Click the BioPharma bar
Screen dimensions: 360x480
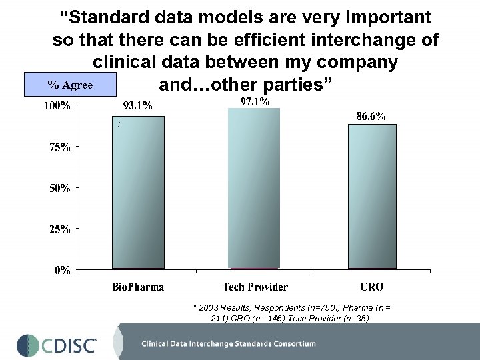[138, 193]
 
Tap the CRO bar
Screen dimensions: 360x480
[371, 197]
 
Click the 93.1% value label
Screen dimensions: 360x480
[138, 105]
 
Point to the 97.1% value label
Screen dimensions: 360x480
[255, 101]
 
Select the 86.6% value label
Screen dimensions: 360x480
[371, 115]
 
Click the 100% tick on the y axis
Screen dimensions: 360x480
[57, 106]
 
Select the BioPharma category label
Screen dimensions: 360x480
[138, 287]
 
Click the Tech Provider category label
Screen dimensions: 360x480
[255, 287]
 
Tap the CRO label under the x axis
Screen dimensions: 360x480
[371, 287]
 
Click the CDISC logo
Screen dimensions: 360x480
[57, 343]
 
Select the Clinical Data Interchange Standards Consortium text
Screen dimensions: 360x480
[229, 344]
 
